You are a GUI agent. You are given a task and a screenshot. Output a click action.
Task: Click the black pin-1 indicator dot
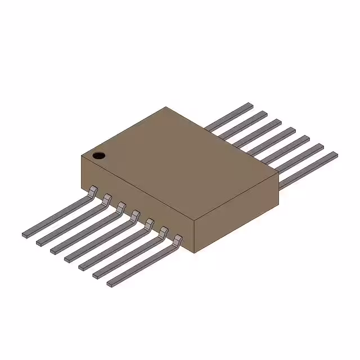(x=99, y=155)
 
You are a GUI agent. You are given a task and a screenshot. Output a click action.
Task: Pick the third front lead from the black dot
(x=84, y=231)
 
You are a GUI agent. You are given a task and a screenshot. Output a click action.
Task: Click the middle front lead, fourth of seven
(x=98, y=240)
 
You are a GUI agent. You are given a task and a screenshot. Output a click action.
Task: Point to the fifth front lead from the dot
(x=112, y=247)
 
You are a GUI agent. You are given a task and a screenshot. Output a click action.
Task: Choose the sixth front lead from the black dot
(x=127, y=256)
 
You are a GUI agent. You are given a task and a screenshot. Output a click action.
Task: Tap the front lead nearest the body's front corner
(x=141, y=264)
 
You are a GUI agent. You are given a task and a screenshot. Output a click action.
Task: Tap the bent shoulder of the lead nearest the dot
(x=93, y=190)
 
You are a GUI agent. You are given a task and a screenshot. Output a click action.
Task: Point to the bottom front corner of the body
(x=194, y=252)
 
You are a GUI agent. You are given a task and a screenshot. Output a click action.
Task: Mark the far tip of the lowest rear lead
(x=335, y=154)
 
